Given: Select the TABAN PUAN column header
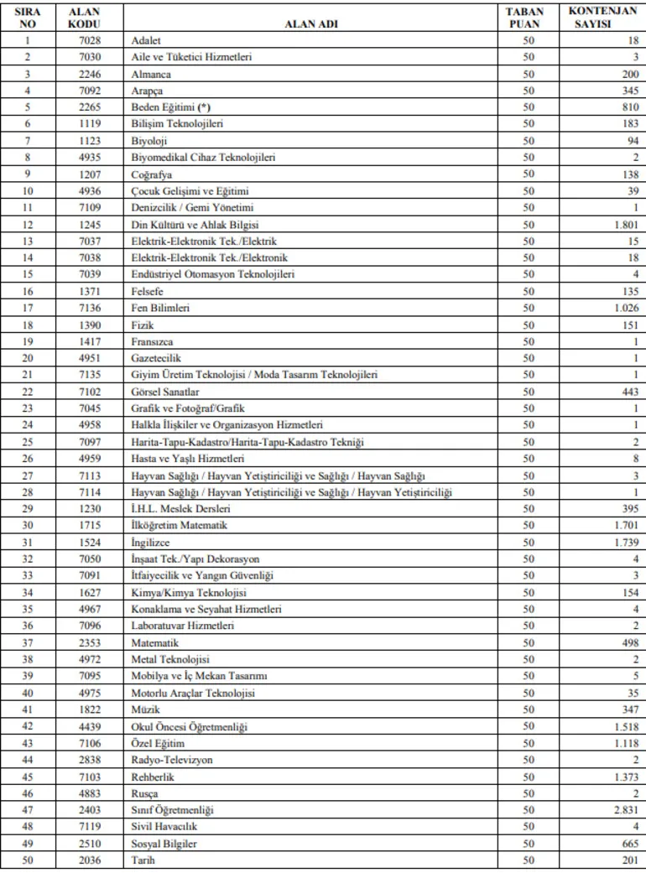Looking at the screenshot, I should pyautogui.click(x=527, y=18).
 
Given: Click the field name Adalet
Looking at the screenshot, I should pyautogui.click(x=146, y=40).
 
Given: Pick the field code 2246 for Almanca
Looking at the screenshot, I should pyautogui.click(x=84, y=74).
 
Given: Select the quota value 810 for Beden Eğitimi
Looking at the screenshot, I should pyautogui.click(x=628, y=107).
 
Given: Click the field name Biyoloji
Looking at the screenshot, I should pyautogui.click(x=149, y=140).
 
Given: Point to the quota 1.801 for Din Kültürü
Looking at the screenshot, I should pyautogui.click(x=624, y=224).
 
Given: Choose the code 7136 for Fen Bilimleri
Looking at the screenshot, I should pyautogui.click(x=84, y=308).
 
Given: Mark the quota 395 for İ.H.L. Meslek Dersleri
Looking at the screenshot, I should pyautogui.click(x=628, y=509).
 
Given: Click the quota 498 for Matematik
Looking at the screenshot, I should pyautogui.click(x=628, y=643).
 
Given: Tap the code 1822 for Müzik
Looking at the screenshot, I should pyautogui.click(x=84, y=710).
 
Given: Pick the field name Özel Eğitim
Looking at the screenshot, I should pyautogui.click(x=158, y=744).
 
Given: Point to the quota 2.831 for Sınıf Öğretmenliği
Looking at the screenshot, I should pyautogui.click(x=624, y=810).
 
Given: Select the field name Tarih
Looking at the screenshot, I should pyautogui.click(x=143, y=860).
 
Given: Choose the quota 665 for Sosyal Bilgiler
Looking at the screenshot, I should pyautogui.click(x=628, y=844).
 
